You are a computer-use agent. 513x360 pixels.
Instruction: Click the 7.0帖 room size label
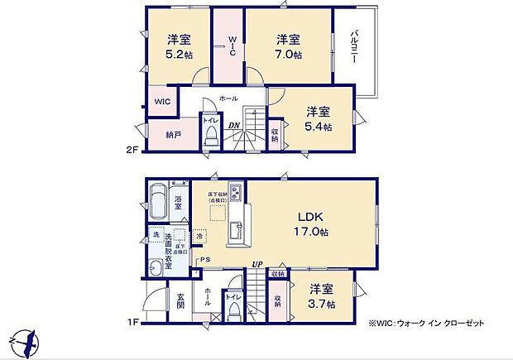click(289, 55)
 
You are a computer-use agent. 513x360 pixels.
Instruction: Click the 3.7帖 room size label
click(323, 305)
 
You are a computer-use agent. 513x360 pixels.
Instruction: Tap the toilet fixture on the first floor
click(234, 312)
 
